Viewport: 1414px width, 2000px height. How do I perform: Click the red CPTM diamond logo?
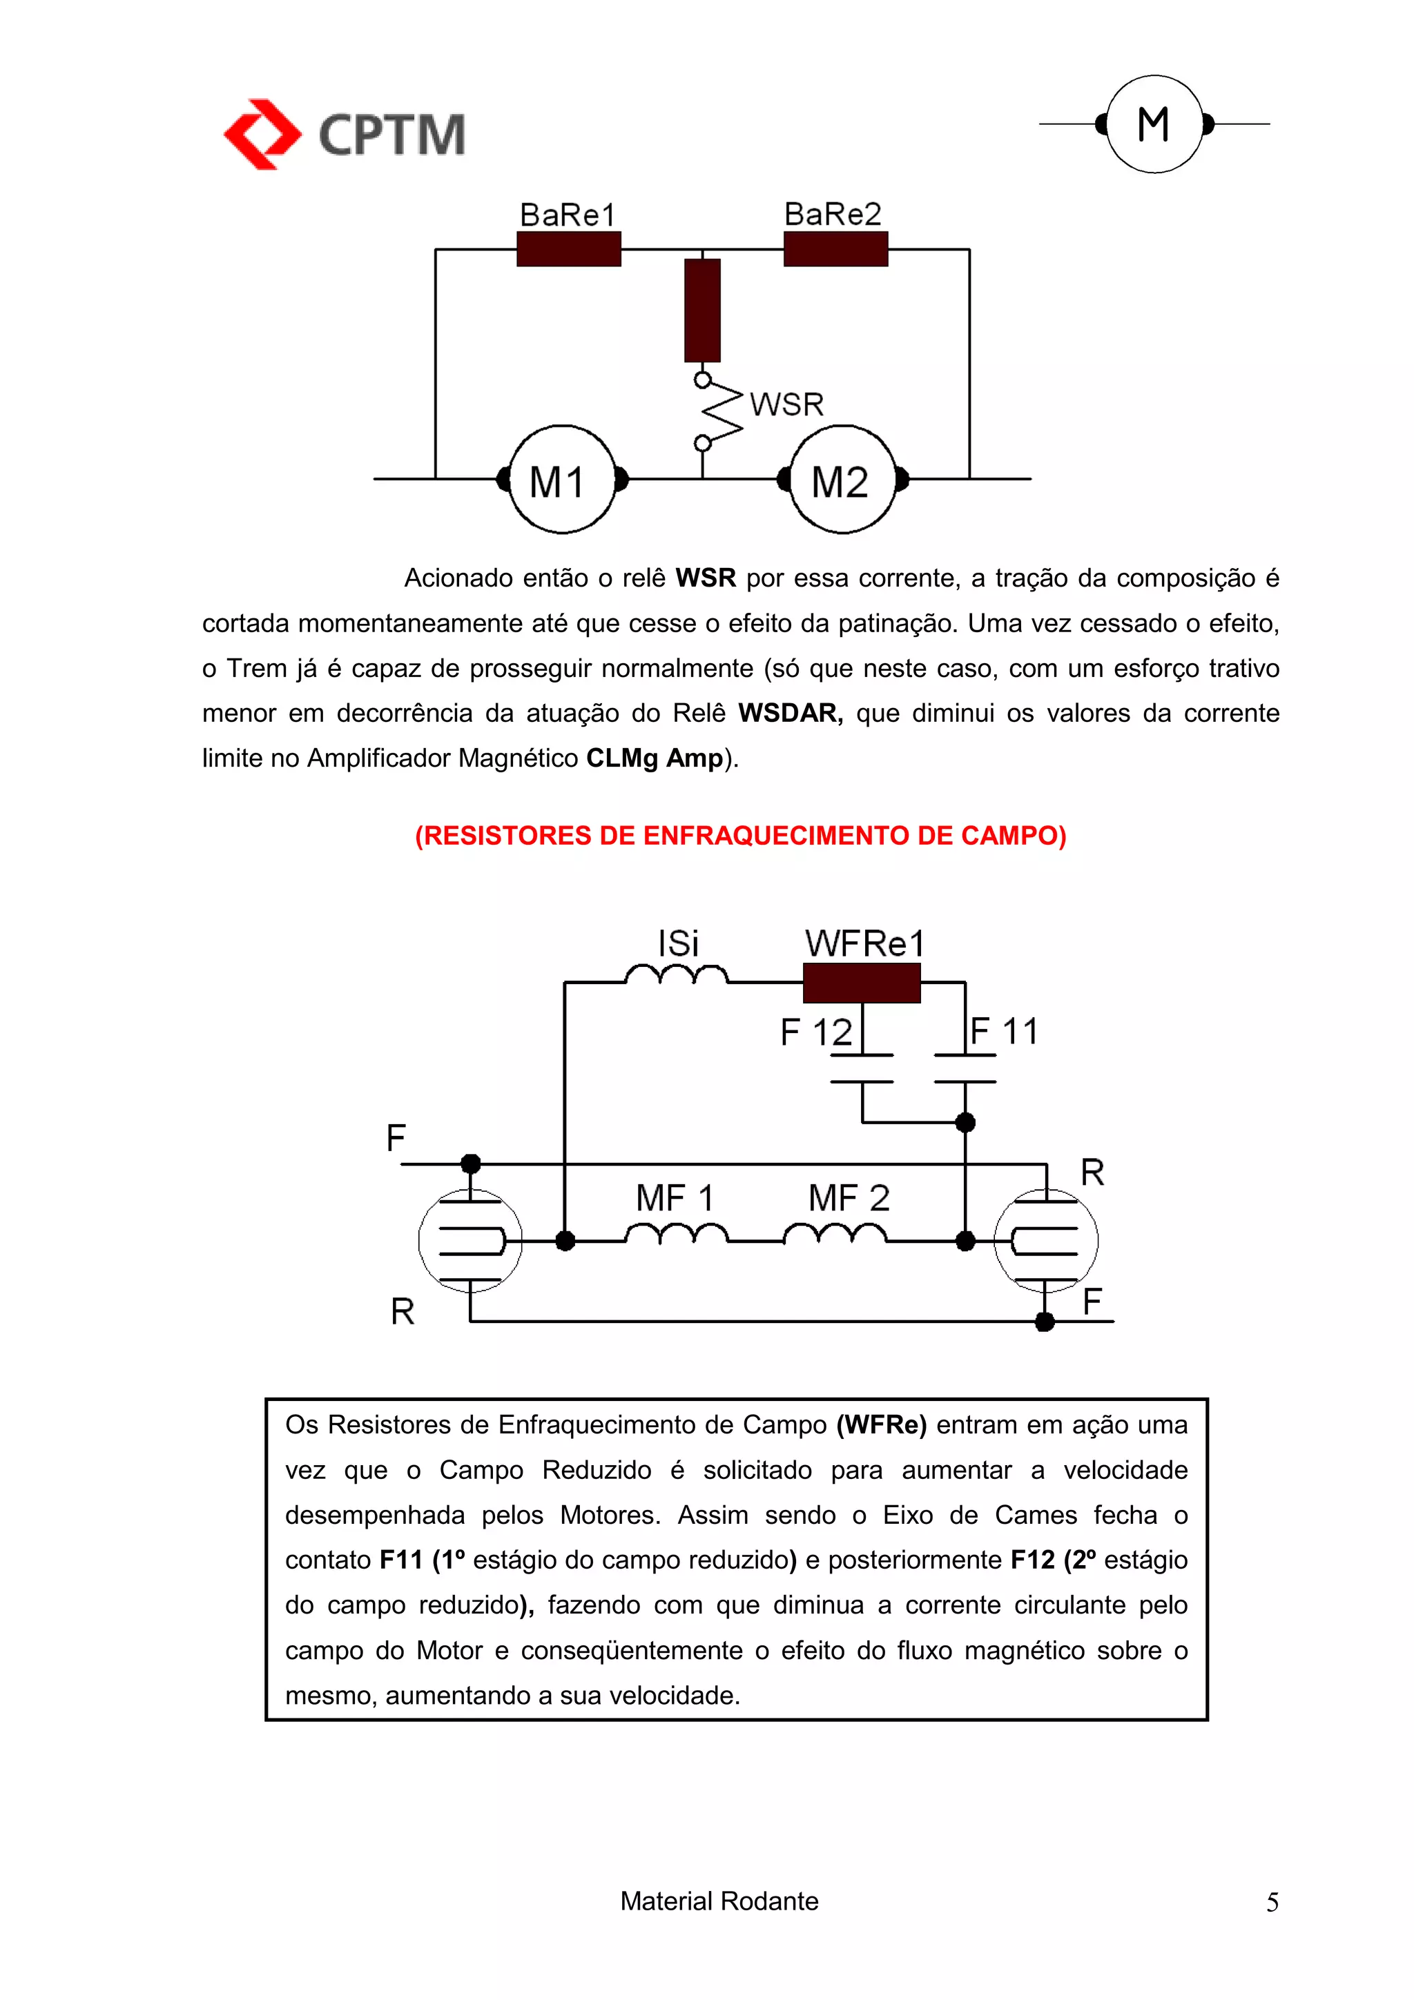pyautogui.click(x=262, y=134)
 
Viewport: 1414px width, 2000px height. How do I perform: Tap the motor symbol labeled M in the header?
pyautogui.click(x=1154, y=124)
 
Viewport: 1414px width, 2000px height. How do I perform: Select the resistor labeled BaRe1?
pyautogui.click(x=568, y=249)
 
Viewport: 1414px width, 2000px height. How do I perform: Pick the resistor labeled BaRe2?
pyautogui.click(x=835, y=249)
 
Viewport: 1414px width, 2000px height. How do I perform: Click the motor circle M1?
pyautogui.click(x=562, y=479)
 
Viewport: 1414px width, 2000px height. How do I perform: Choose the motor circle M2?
pyautogui.click(x=842, y=479)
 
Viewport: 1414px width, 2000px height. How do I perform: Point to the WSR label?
pyautogui.click(x=786, y=404)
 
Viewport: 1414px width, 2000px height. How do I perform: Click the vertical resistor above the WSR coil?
pyautogui.click(x=702, y=310)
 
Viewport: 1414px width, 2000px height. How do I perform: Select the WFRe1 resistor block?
pyautogui.click(x=861, y=983)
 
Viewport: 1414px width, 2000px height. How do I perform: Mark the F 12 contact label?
pyautogui.click(x=815, y=1033)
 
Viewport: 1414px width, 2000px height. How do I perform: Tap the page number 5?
pyautogui.click(x=1272, y=1903)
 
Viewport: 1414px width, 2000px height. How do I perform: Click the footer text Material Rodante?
pyautogui.click(x=719, y=1901)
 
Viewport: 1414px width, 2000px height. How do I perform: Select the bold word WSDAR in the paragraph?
pyautogui.click(x=789, y=714)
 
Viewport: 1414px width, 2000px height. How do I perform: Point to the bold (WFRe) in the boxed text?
pyautogui.click(x=881, y=1425)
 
